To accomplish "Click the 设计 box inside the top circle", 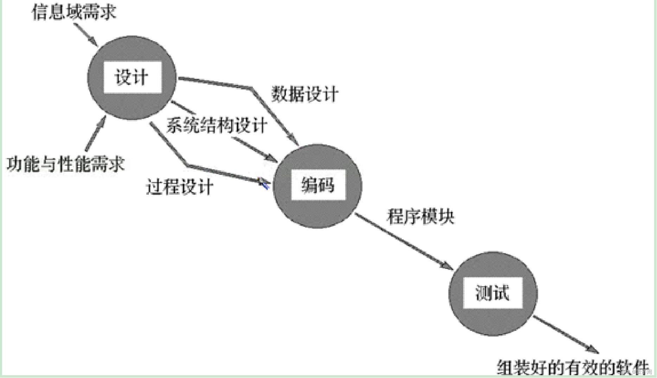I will tap(133, 77).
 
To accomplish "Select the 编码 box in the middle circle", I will tap(318, 185).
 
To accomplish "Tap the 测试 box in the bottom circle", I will tap(492, 293).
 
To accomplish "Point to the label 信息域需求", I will tap(74, 12).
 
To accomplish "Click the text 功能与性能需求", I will tap(66, 164).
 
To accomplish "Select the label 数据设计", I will tap(305, 94).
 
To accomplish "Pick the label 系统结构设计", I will tap(217, 125).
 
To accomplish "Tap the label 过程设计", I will tap(179, 187).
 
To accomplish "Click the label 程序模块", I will tap(421, 216).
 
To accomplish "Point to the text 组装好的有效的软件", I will tap(573, 367).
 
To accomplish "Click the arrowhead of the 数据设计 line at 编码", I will tap(294, 140).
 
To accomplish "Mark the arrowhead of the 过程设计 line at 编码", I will tap(264, 183).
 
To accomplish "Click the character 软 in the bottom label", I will tap(623, 367).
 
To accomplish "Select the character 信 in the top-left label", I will tap(39, 12).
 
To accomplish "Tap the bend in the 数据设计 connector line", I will tap(251, 88).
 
